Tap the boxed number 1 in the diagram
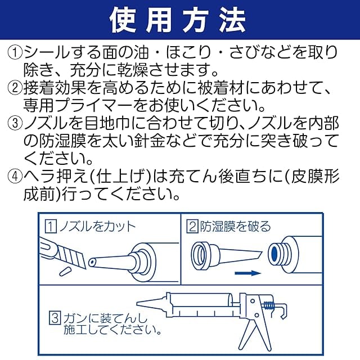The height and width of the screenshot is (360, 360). click(51, 227)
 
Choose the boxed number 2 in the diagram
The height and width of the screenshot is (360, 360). click(192, 227)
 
